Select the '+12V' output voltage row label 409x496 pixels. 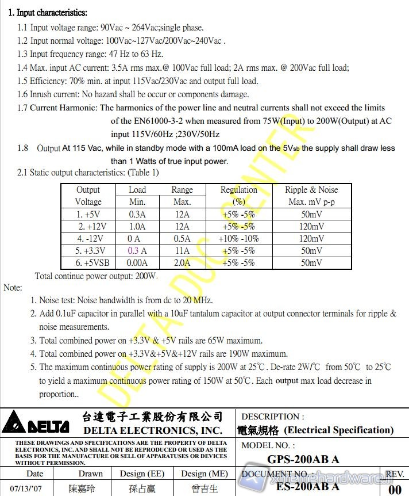tap(88, 226)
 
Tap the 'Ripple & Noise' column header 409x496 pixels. tap(311, 190)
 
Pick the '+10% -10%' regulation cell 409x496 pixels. tap(238, 238)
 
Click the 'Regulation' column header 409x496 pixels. tap(238, 190)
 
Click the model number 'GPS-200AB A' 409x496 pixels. tap(303, 459)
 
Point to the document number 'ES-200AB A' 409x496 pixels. tap(307, 487)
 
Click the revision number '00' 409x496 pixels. tap(395, 489)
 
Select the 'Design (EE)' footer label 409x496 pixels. tap(141, 474)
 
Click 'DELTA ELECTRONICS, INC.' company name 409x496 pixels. tap(153, 430)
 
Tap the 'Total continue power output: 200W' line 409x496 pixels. tap(96, 276)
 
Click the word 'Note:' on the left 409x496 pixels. tap(13, 287)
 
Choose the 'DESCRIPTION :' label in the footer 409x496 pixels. tap(273, 416)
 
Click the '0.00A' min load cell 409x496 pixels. tap(137, 262)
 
